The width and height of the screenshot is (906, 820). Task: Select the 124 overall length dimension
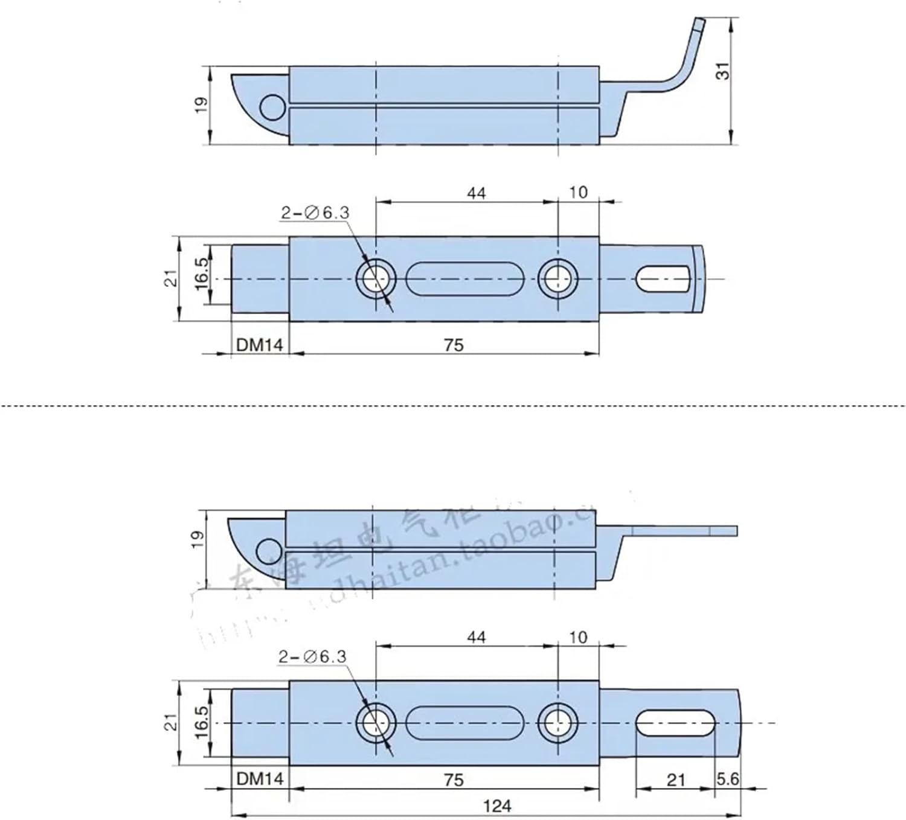coord(497,806)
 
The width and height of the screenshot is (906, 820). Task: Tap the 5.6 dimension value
coord(727,779)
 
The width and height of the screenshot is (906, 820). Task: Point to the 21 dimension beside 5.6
coord(675,780)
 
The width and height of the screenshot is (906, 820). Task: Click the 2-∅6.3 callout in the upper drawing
coord(315,213)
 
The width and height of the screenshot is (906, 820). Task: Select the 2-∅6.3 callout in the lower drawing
coord(313,657)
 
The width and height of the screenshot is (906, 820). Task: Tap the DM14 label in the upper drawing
coord(259,345)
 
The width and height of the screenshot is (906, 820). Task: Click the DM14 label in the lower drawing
coord(259,779)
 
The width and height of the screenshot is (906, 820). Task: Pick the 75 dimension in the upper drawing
coord(453,345)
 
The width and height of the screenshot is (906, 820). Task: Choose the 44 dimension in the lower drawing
coord(476,637)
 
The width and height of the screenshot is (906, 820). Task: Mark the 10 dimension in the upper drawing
coord(578,193)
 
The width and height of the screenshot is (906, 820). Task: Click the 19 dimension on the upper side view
coord(202,104)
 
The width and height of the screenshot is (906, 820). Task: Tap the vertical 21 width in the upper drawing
coord(172,278)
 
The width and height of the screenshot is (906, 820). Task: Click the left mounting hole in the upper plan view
coord(376,279)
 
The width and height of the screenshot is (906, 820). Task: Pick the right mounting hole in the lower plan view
coord(557,723)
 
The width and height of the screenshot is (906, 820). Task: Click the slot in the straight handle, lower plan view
coord(675,723)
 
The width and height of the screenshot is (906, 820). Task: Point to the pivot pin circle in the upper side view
coord(272,107)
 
